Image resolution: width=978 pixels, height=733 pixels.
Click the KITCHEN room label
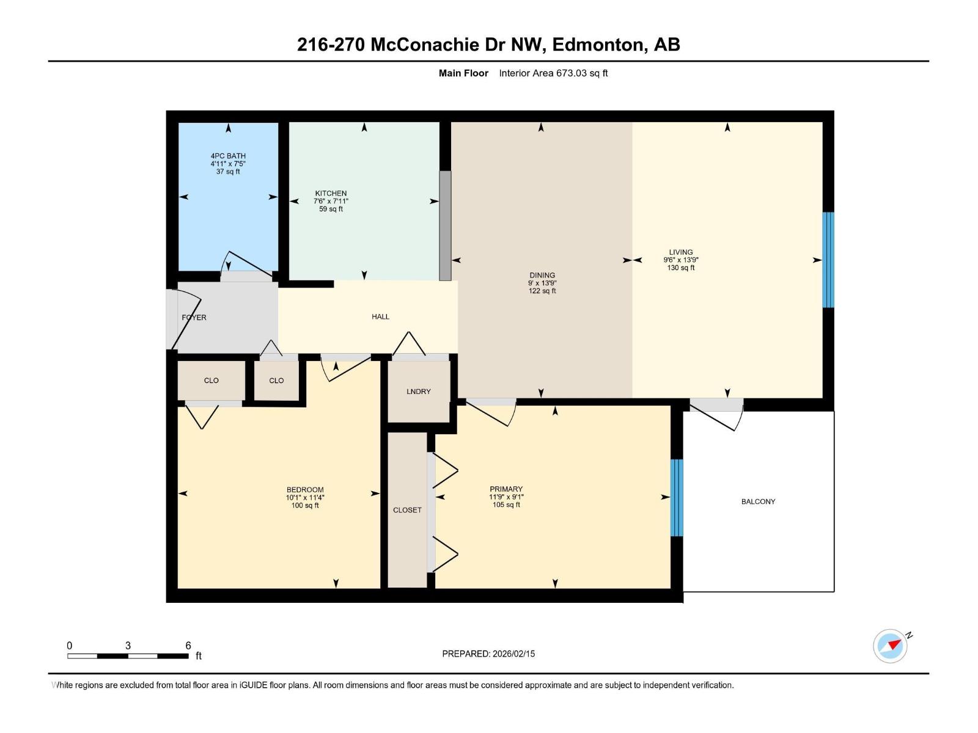331,193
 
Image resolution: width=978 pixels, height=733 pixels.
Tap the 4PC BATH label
228,156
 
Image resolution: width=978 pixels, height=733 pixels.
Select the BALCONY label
758,501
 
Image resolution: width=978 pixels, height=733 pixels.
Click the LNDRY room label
419,392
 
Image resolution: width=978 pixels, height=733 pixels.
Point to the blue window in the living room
828,260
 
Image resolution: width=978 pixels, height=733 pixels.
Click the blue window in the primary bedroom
677,498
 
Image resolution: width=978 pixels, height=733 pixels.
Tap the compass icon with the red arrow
891,646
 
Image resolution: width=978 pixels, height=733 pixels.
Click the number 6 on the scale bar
188,646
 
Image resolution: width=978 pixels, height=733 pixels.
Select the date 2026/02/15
513,654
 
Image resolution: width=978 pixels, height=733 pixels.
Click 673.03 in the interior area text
571,73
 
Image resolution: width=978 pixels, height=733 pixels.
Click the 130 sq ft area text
681,268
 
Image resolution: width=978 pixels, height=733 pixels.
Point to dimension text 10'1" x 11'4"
305,497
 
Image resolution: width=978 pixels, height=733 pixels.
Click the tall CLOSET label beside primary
407,510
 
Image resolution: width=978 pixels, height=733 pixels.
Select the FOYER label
194,318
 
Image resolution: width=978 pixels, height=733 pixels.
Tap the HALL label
380,316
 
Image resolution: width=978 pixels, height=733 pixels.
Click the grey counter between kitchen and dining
445,226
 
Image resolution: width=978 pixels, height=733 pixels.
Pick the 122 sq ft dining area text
542,291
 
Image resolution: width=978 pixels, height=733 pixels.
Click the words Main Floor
463,73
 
